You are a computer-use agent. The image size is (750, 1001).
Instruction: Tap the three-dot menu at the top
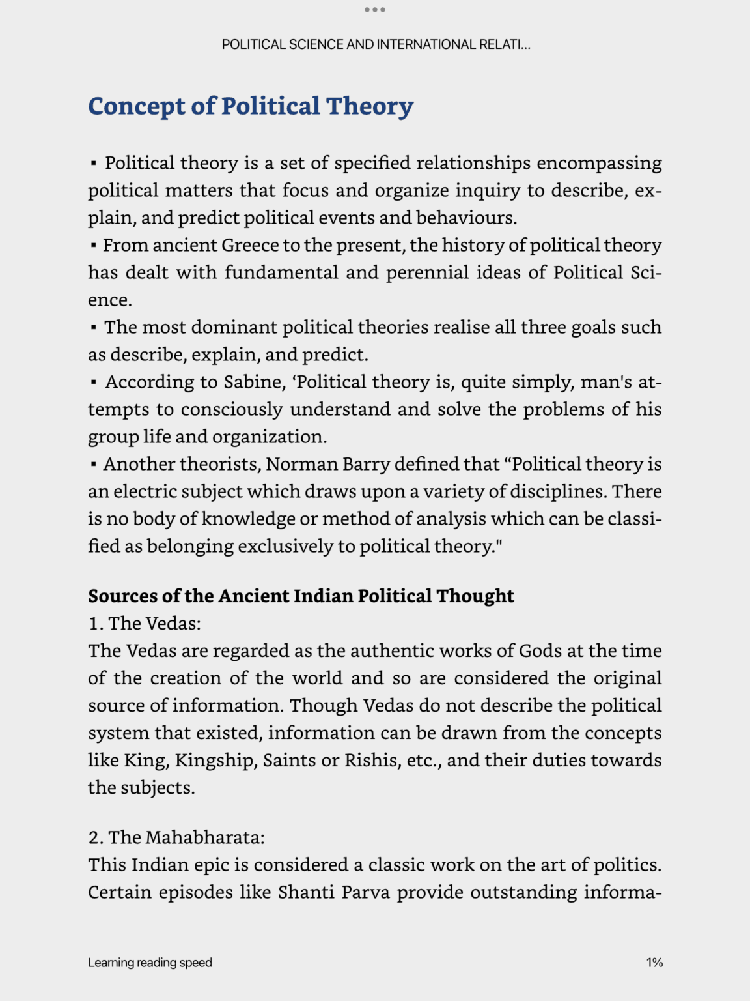coord(375,10)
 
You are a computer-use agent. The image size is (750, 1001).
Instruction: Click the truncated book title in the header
coord(376,44)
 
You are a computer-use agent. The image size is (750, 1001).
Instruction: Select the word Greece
coord(251,245)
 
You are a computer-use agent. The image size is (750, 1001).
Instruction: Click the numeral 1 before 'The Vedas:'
coord(94,624)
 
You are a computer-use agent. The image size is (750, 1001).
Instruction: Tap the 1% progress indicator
coord(654,963)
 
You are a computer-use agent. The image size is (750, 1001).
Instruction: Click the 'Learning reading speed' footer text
coord(150,963)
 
